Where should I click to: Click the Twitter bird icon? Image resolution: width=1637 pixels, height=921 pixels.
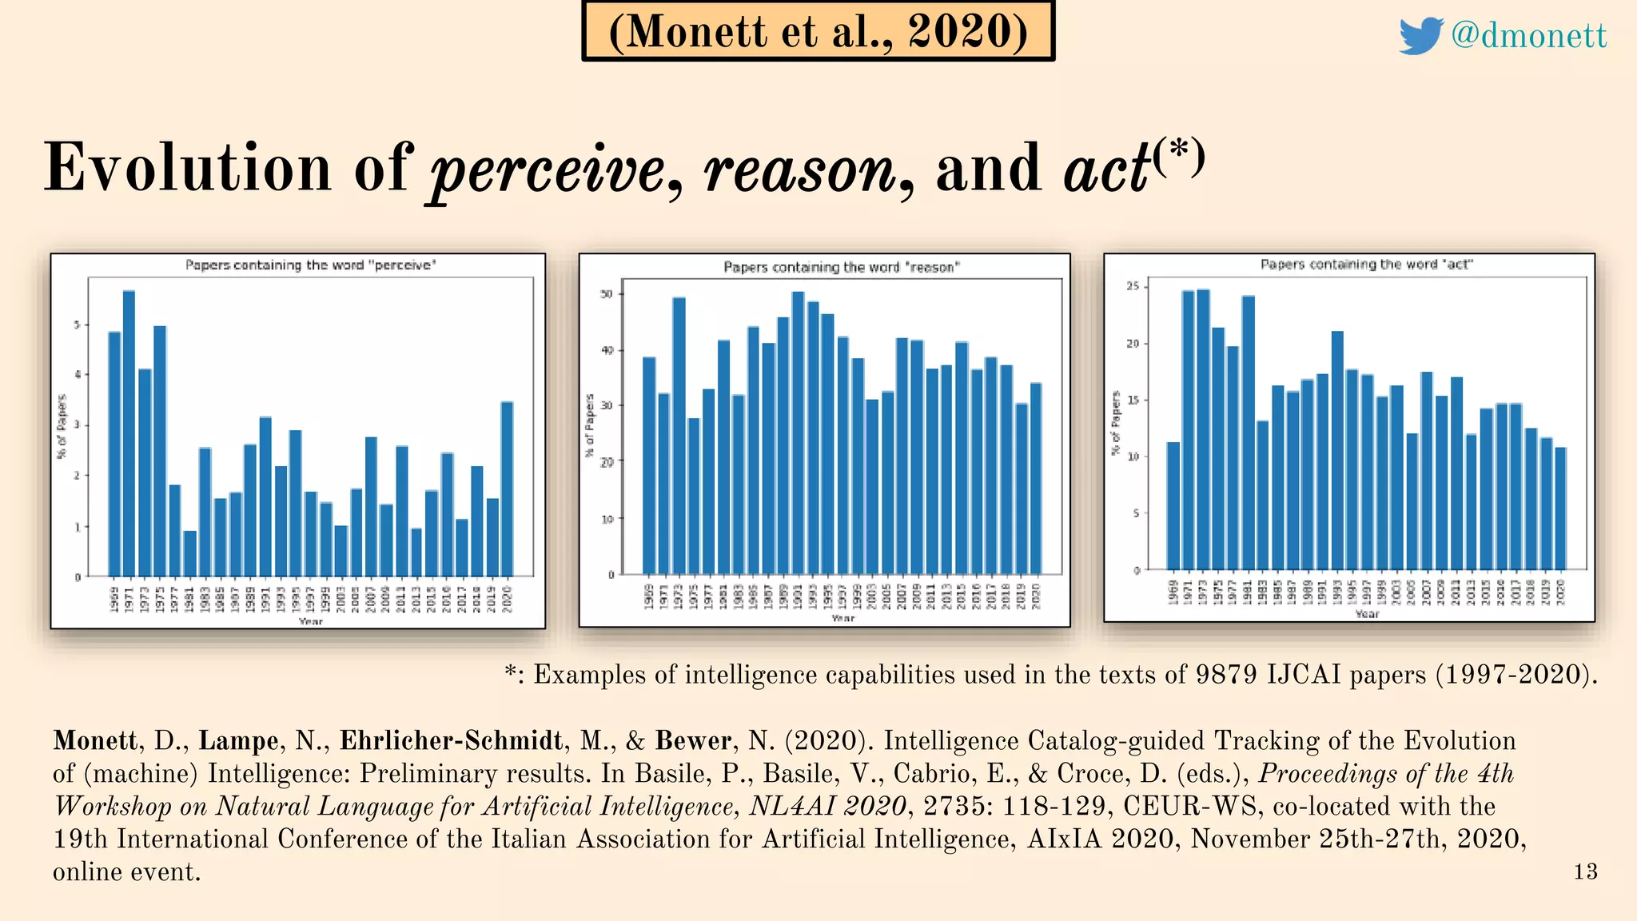coord(1420,35)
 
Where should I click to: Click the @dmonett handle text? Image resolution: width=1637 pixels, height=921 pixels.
coord(1528,35)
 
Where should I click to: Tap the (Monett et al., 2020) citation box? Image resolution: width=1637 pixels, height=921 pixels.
coord(818,32)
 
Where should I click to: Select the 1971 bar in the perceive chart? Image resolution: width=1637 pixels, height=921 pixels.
coord(129,432)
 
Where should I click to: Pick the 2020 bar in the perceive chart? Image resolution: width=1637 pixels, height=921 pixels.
coord(507,488)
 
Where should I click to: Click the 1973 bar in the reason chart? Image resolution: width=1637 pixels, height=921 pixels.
coord(679,436)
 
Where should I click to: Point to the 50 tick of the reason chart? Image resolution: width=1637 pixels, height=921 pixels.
coord(607,294)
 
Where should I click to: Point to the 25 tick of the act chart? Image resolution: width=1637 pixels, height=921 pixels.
coord(1132,286)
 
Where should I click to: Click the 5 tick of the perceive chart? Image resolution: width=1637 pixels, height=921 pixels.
coord(78,325)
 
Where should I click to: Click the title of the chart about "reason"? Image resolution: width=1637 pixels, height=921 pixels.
coord(841,267)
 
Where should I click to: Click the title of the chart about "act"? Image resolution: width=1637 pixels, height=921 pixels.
coord(1366,265)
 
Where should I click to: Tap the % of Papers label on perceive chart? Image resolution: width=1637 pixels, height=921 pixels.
coord(62,426)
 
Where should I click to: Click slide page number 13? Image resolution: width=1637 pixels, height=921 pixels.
coord(1585,871)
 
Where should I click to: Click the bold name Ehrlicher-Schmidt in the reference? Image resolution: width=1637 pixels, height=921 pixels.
coord(452,741)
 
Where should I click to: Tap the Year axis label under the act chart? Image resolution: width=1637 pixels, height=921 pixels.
coord(1367,614)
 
